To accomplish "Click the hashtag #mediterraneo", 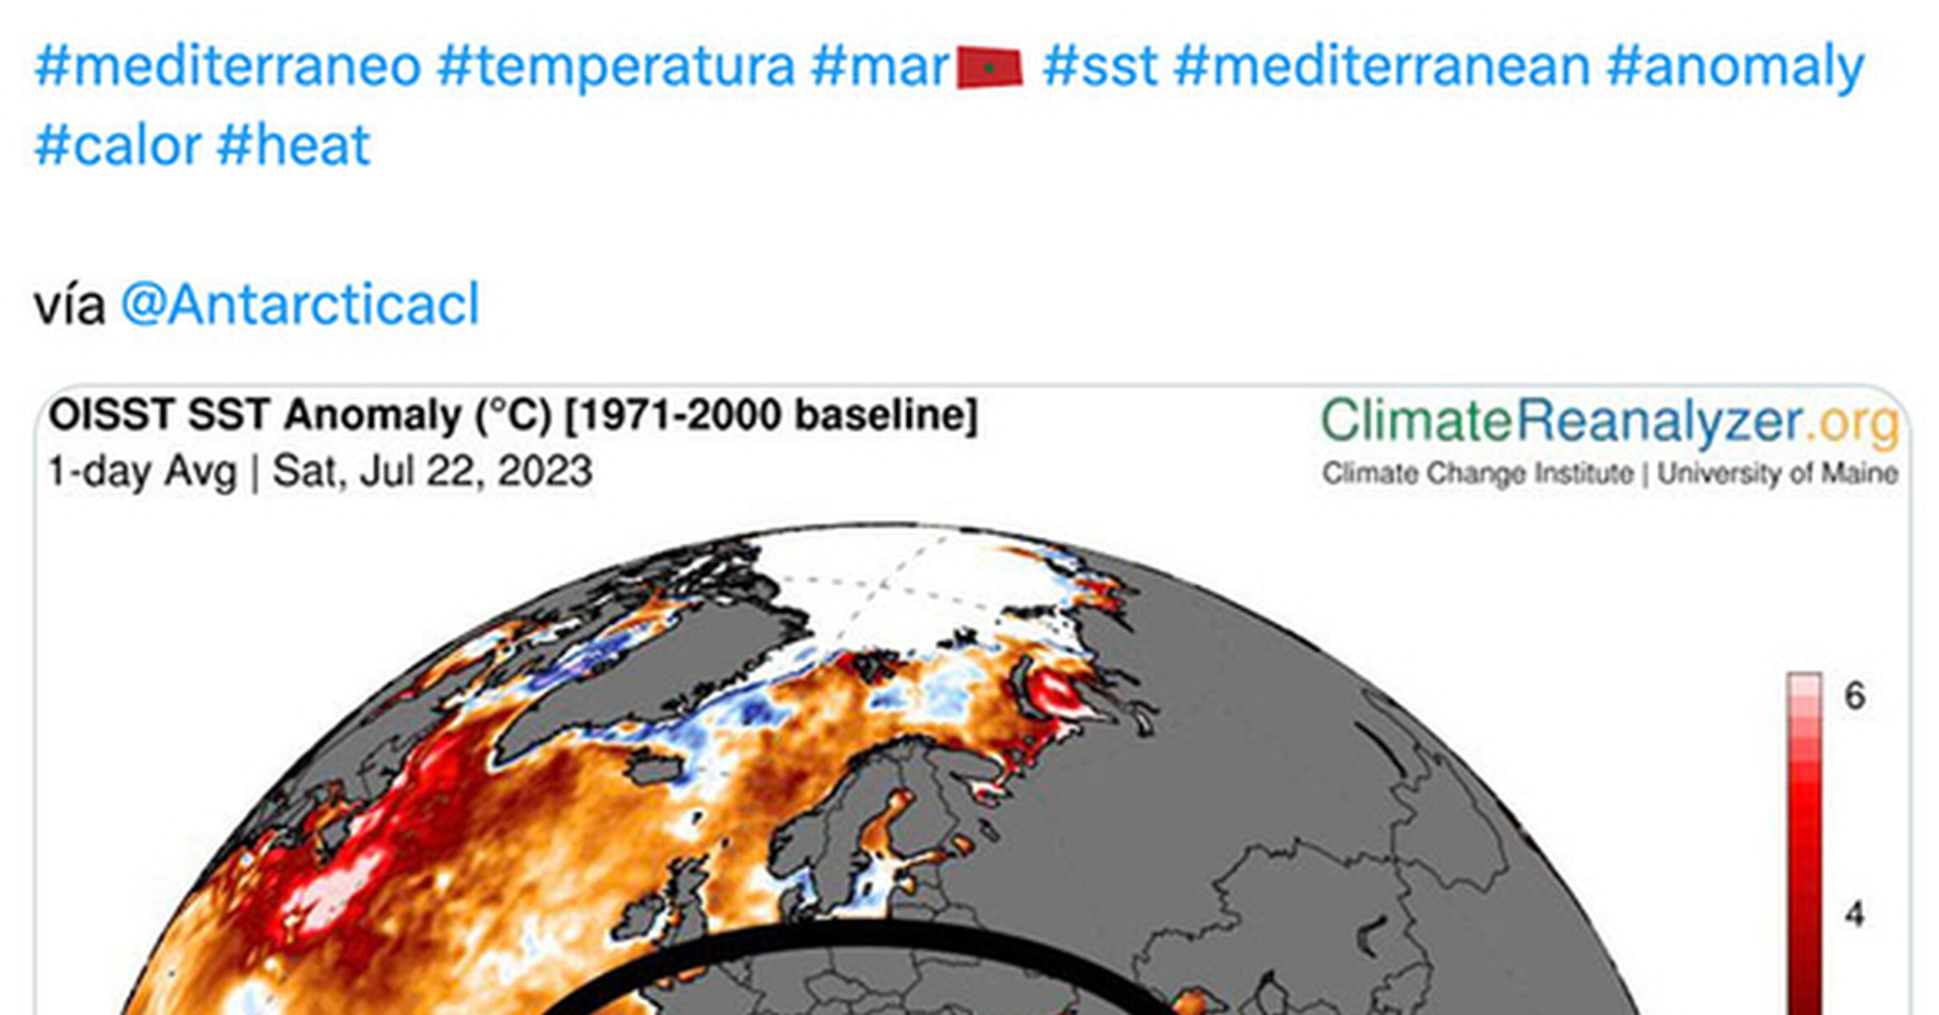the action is click(x=228, y=66).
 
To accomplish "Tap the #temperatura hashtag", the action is click(x=616, y=66).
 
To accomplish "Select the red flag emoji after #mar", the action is click(x=989, y=68).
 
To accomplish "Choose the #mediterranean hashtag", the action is click(x=1381, y=66).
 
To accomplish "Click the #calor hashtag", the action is click(x=118, y=145).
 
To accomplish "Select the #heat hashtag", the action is click(x=294, y=145).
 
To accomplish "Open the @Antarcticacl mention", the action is click(x=300, y=304).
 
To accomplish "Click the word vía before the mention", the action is click(x=70, y=304).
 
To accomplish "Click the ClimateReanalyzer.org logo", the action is click(x=1611, y=423).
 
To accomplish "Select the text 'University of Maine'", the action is click(x=1778, y=474).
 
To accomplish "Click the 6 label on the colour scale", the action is click(x=1855, y=696).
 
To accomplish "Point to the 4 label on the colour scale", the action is click(x=1855, y=913).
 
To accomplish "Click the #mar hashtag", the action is click(x=880, y=66).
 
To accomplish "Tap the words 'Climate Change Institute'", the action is click(x=1478, y=474).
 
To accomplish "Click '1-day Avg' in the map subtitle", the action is click(x=143, y=472).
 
